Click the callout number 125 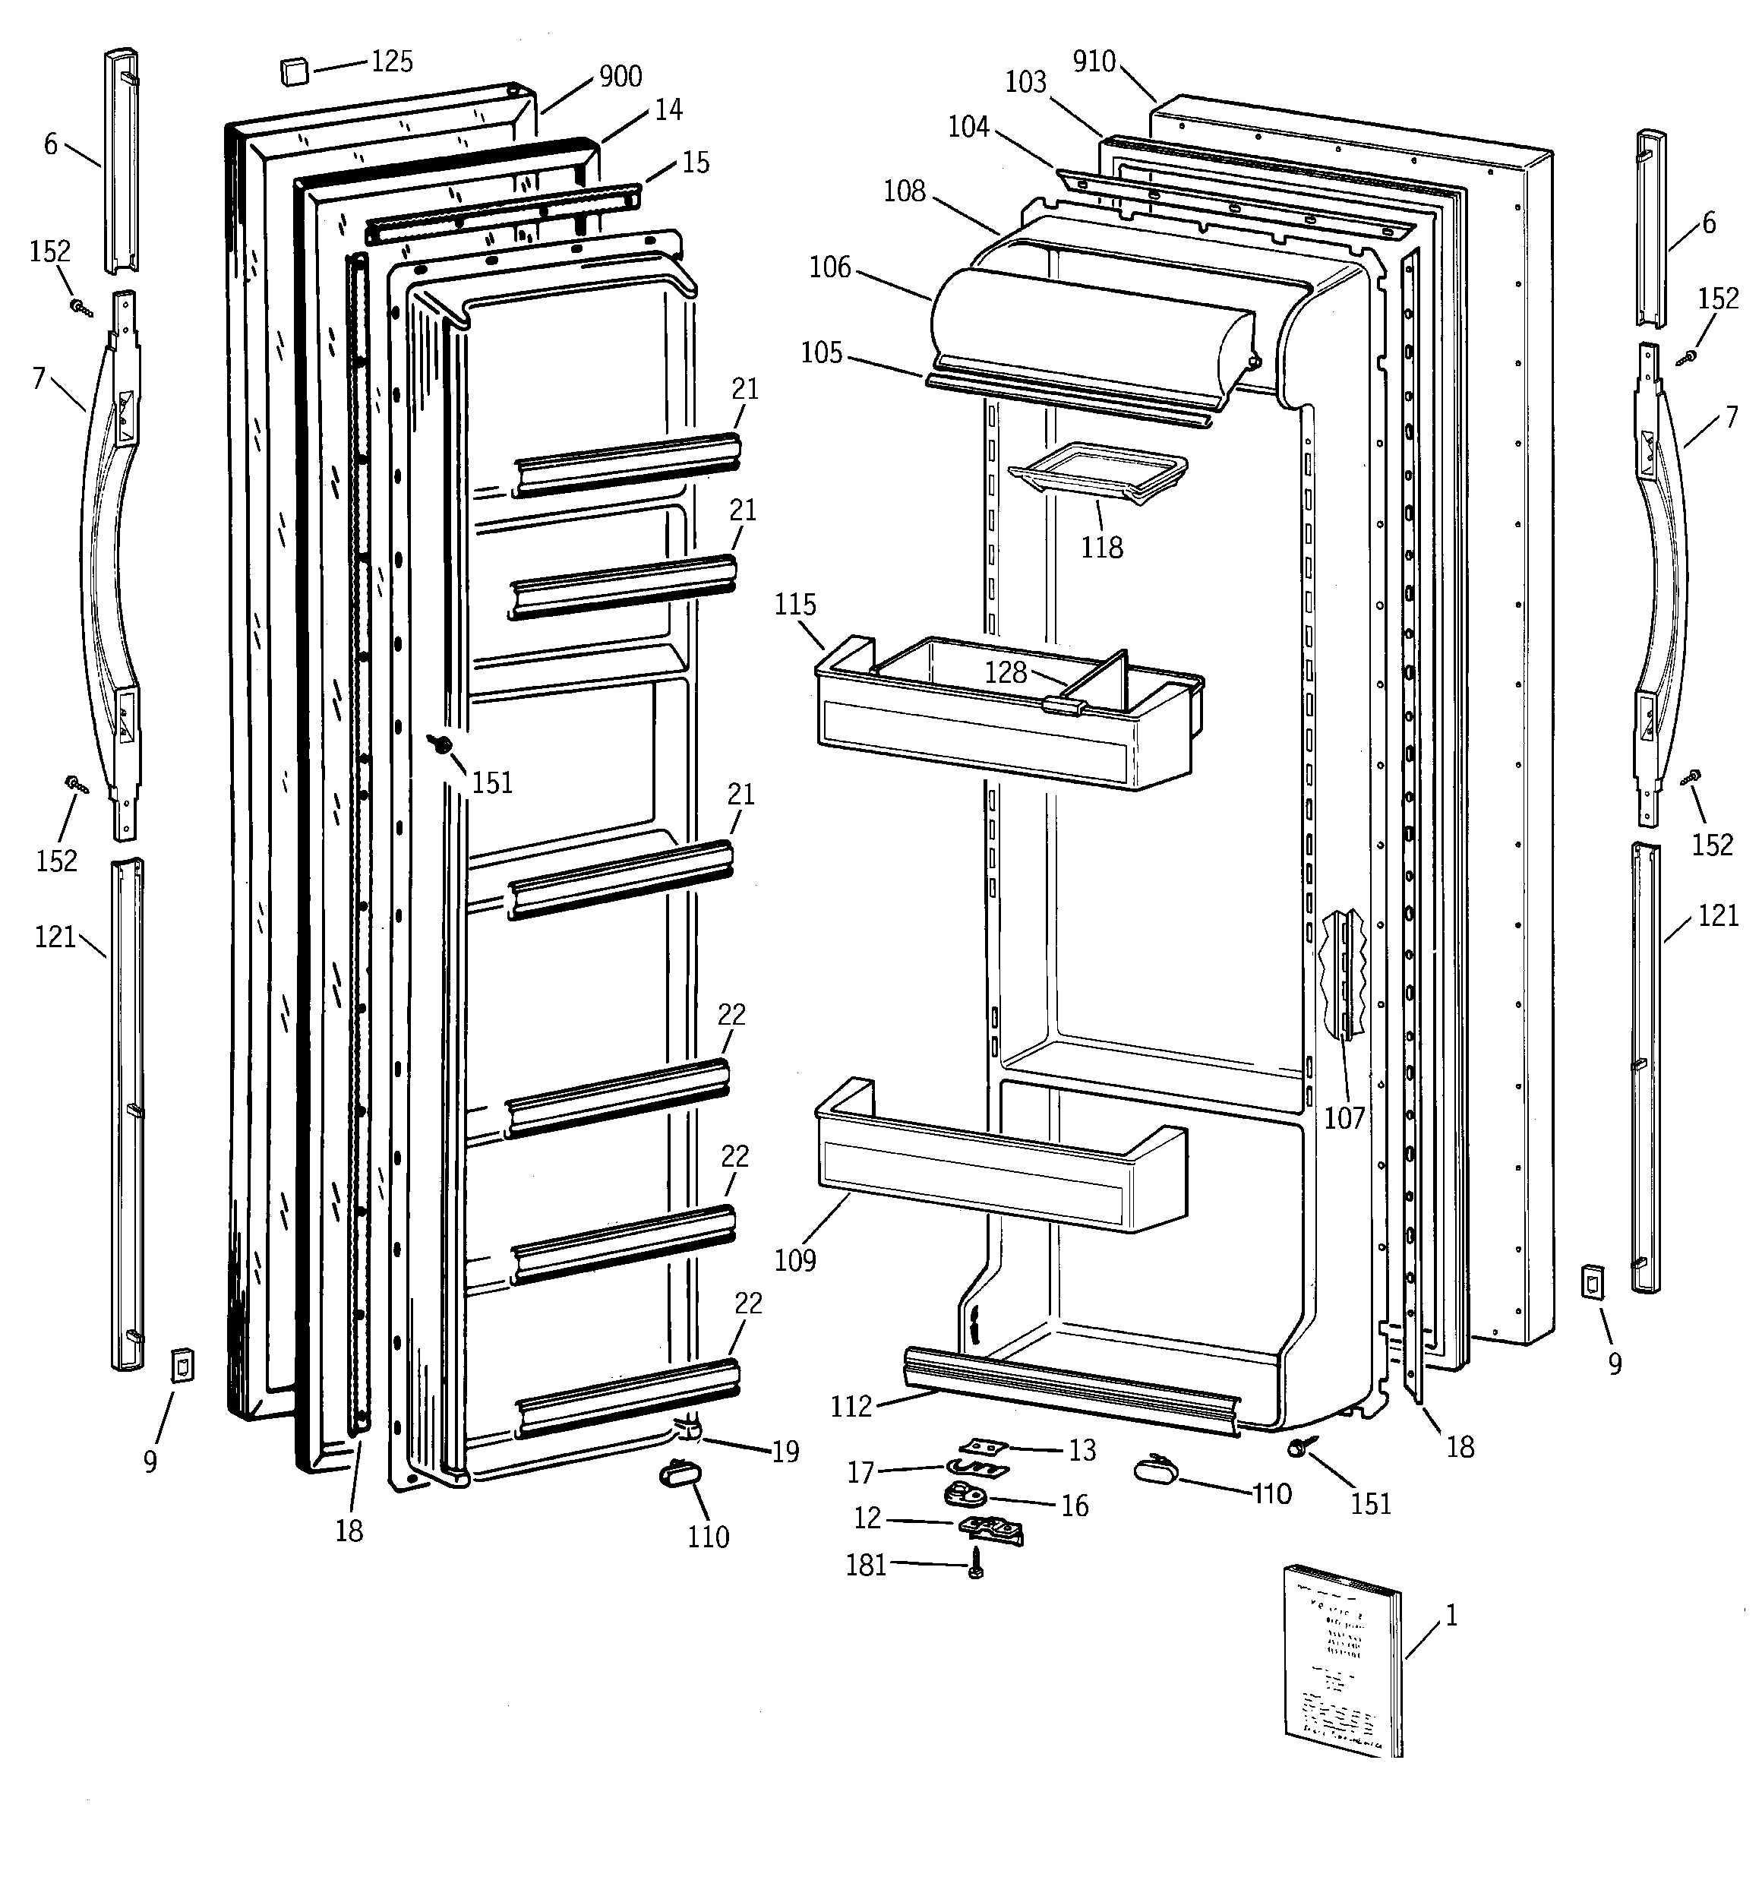[392, 62]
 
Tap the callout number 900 [620, 77]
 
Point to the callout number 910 [1094, 62]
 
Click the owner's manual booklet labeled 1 [1341, 1675]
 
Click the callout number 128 [1006, 672]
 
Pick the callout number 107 [1344, 1118]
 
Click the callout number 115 [794, 605]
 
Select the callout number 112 [851, 1408]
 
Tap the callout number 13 [1082, 1451]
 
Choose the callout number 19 [785, 1452]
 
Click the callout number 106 [829, 269]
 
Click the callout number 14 [668, 111]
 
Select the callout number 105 [821, 354]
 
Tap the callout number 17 [860, 1472]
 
